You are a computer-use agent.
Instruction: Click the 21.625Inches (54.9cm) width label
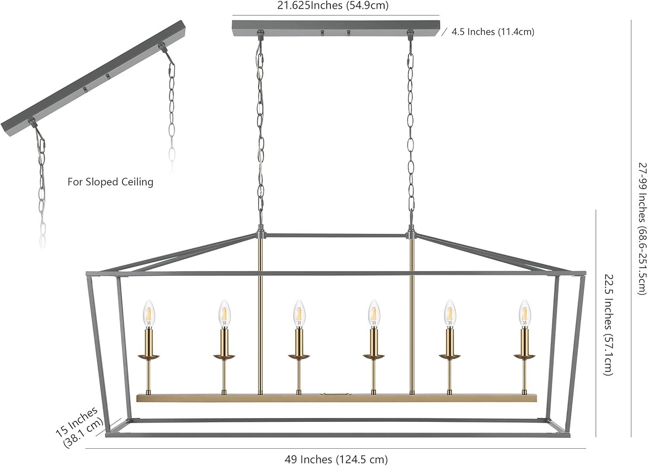[333, 5]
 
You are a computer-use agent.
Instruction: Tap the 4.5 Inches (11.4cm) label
[493, 32]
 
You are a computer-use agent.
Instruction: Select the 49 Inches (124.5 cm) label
[336, 459]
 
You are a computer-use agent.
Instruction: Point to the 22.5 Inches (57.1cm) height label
[609, 325]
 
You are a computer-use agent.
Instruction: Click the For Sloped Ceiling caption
[110, 182]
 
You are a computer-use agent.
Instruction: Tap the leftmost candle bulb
[149, 313]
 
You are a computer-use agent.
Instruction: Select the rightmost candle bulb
[525, 313]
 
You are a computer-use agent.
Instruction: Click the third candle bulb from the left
[299, 313]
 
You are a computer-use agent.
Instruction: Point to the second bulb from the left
[225, 313]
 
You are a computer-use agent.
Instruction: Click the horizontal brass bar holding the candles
[337, 398]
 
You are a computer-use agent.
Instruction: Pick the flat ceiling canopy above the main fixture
[336, 29]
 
